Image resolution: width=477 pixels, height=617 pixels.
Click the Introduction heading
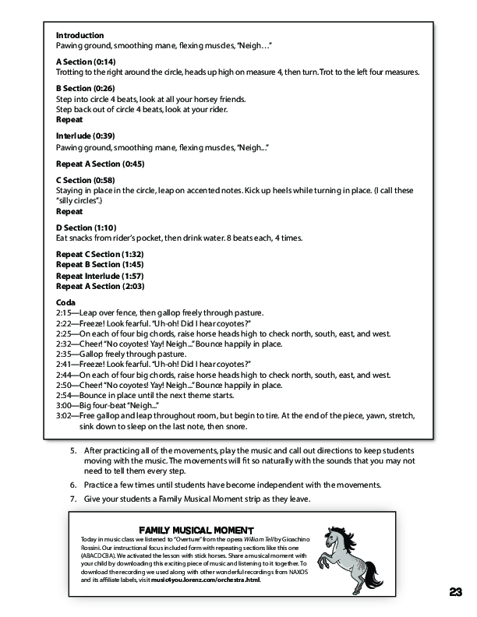79,36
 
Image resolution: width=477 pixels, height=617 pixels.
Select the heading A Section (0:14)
86,62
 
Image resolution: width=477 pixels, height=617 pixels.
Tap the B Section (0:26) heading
86,88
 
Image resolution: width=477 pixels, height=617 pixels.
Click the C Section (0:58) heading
86,180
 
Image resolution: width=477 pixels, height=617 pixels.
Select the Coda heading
67,302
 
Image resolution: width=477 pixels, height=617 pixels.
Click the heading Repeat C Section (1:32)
99,255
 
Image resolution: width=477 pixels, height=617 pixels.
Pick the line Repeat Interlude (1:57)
99,276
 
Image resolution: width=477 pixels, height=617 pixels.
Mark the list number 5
73,451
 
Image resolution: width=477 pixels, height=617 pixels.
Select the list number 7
73,499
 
